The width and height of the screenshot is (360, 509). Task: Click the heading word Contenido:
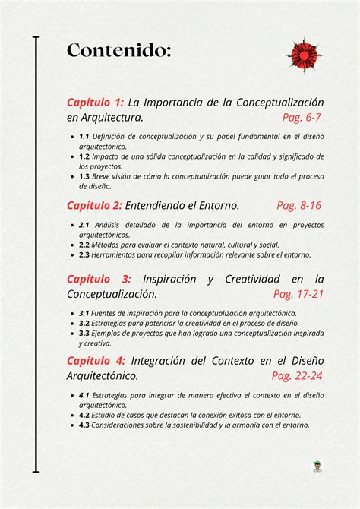point(118,51)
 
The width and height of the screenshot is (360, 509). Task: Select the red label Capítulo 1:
point(95,102)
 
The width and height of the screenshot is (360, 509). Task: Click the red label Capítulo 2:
point(94,205)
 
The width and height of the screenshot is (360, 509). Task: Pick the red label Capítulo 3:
point(99,278)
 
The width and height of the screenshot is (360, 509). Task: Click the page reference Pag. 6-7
point(302,117)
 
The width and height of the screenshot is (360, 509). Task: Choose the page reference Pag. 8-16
point(298,205)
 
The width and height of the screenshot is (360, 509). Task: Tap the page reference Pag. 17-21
point(298,293)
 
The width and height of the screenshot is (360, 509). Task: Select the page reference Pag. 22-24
point(297,375)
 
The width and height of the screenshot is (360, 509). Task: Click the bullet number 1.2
point(84,156)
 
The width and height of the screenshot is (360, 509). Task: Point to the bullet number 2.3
point(84,255)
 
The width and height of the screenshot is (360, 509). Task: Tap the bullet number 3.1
point(84,313)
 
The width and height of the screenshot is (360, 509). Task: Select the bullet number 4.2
point(84,416)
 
